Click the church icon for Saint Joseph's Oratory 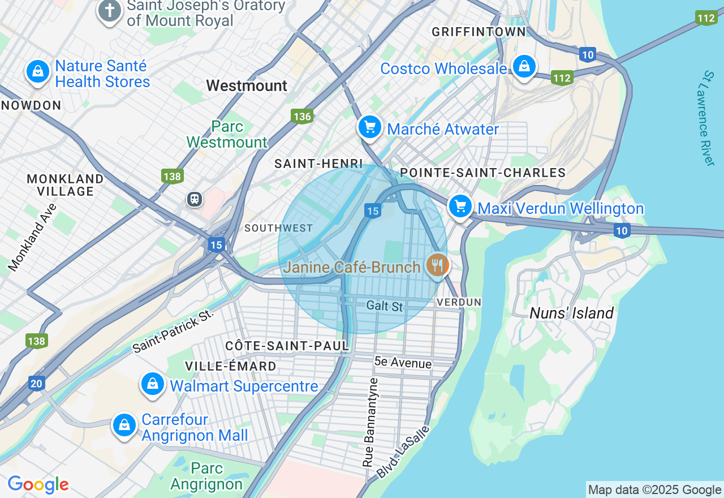(x=110, y=11)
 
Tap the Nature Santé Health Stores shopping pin (x=37, y=72)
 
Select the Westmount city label (x=247, y=85)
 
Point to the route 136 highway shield (x=302, y=117)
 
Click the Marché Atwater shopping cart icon (x=370, y=127)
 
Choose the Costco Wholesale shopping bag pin (x=524, y=67)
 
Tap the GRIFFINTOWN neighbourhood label (x=479, y=32)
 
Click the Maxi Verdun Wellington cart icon (x=460, y=207)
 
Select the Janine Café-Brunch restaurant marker (x=437, y=265)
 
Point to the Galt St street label (x=385, y=306)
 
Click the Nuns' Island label (x=571, y=313)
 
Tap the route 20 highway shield (x=36, y=384)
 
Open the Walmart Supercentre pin (x=153, y=385)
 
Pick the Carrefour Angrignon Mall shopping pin (x=124, y=425)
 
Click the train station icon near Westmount (x=195, y=199)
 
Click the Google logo (x=38, y=484)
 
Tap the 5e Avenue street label (x=403, y=363)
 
